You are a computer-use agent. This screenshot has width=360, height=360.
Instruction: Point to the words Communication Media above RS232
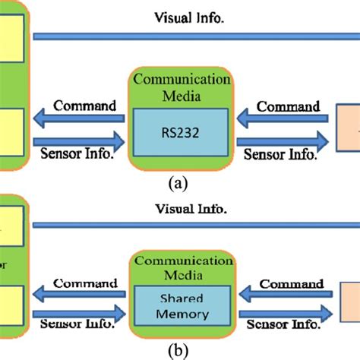click(x=181, y=87)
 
